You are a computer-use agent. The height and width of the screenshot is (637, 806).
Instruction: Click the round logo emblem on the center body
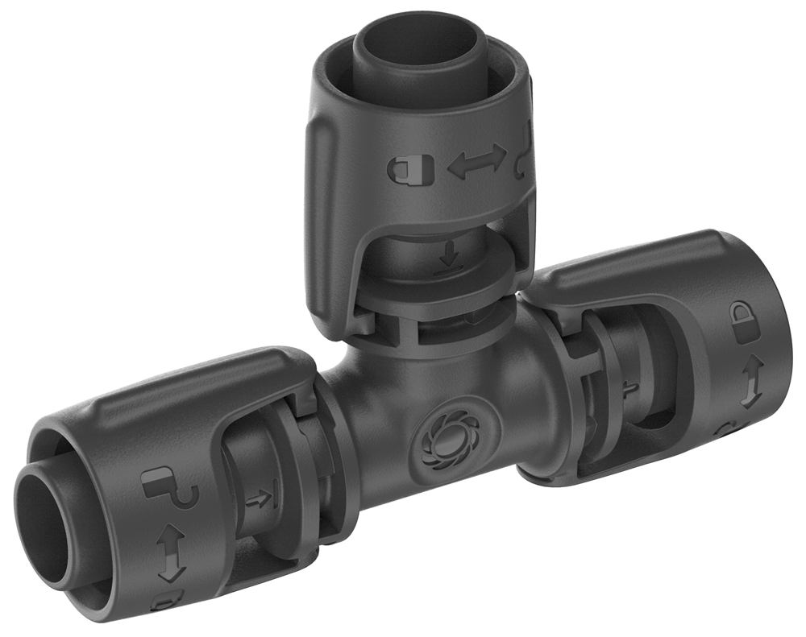click(440, 437)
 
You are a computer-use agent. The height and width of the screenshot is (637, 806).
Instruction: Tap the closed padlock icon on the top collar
click(401, 168)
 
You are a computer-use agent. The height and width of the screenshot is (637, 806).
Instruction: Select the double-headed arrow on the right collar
click(748, 382)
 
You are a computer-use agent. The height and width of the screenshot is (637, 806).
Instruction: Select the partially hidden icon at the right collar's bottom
click(725, 430)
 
